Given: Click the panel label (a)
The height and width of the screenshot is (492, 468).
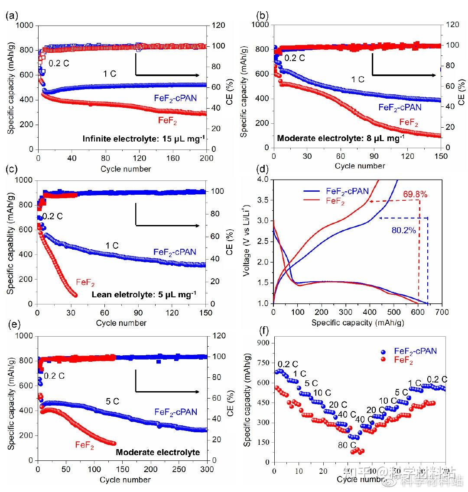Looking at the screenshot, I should tap(12, 16).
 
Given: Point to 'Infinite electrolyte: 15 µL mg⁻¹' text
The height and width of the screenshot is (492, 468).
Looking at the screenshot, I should tap(144, 139).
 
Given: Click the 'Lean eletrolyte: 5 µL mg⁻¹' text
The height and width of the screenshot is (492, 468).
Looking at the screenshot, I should tap(144, 295).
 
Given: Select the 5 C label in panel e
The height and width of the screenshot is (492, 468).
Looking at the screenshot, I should tap(112, 402).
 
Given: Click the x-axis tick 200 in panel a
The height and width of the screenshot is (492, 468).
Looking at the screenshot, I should tap(206, 158).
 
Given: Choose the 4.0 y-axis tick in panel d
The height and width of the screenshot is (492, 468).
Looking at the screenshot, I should tap(264, 179).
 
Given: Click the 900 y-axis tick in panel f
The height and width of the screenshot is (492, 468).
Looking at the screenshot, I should tap(263, 343).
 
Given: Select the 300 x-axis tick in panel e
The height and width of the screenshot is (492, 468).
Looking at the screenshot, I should tap(207, 469).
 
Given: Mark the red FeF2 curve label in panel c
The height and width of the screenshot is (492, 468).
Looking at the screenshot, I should tap(85, 283).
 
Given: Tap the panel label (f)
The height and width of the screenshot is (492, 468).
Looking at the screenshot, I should tap(263, 331).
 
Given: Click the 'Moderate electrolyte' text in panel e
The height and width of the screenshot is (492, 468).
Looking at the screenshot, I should tap(158, 452).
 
